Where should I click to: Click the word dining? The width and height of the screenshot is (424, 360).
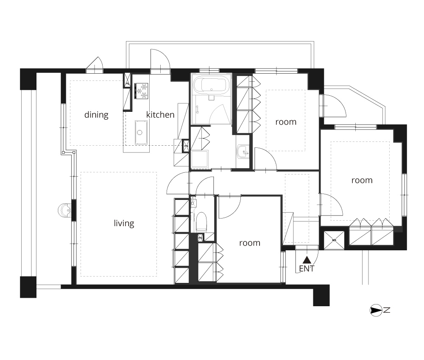click(96, 115)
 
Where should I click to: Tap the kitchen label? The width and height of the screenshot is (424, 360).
click(160, 114)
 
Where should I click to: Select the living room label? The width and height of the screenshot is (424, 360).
click(124, 223)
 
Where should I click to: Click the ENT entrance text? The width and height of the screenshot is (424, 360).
click(307, 269)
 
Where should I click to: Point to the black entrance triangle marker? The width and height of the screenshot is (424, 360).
click(307, 260)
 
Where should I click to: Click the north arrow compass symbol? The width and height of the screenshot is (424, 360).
click(376, 310)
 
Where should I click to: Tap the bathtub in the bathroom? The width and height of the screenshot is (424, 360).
click(212, 85)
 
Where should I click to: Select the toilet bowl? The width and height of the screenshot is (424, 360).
click(201, 221)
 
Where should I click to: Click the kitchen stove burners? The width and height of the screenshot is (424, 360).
click(142, 91)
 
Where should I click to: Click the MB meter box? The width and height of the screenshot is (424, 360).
click(334, 240)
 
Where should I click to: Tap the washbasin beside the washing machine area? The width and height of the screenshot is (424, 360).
click(242, 152)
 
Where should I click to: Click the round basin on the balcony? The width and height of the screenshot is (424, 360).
click(64, 210)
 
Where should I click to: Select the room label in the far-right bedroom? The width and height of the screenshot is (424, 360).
click(362, 180)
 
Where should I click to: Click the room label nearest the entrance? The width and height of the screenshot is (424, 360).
click(250, 243)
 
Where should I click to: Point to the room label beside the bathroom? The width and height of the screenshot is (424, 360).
click(286, 122)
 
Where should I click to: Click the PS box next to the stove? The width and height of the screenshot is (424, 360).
click(127, 80)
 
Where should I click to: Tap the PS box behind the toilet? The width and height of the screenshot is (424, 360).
click(201, 238)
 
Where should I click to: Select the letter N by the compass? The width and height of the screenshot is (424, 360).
click(387, 310)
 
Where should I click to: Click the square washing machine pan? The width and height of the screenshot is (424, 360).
click(200, 159)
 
